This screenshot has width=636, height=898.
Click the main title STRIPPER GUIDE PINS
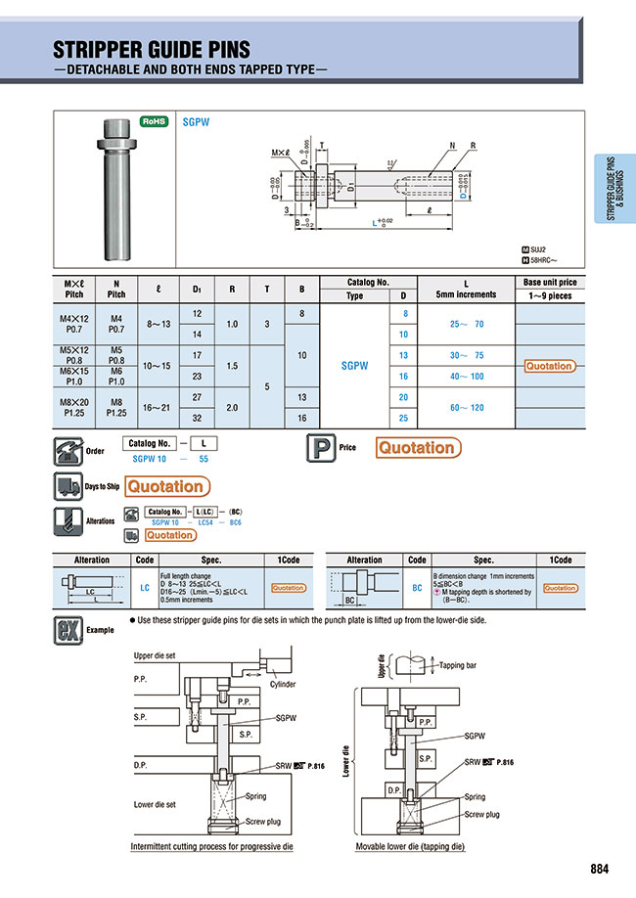pyautogui.click(x=151, y=50)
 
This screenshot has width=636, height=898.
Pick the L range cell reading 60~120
pyautogui.click(x=466, y=407)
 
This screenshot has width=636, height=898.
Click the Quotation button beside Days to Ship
pyautogui.click(x=166, y=486)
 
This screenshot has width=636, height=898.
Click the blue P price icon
pyautogui.click(x=320, y=447)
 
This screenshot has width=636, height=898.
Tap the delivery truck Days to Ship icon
pyautogui.click(x=67, y=486)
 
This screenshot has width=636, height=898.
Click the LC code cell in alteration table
pyautogui.click(x=144, y=588)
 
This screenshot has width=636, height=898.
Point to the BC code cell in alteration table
pyautogui.click(x=417, y=588)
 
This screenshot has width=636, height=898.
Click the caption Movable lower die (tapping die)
pyautogui.click(x=410, y=845)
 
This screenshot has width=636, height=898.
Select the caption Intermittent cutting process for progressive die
pyautogui.click(x=211, y=845)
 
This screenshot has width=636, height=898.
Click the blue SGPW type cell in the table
pyautogui.click(x=354, y=365)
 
